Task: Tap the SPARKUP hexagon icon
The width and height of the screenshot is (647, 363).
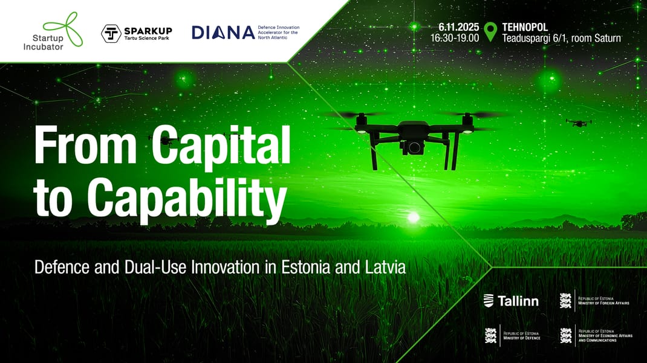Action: click(110, 34)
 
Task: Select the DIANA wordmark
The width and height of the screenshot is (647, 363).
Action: click(223, 33)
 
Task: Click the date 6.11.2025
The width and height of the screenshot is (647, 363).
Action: click(459, 27)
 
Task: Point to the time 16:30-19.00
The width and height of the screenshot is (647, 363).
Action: click(455, 38)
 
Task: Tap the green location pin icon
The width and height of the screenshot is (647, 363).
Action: click(490, 31)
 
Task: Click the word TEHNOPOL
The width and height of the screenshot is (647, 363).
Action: click(525, 27)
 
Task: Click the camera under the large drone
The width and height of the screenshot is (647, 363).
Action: click(414, 147)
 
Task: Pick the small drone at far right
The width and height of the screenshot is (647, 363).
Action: click(579, 123)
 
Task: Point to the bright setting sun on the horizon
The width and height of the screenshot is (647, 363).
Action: click(414, 216)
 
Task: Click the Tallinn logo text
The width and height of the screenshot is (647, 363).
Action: click(518, 301)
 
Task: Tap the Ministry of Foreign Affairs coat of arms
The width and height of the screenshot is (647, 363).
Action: click(565, 300)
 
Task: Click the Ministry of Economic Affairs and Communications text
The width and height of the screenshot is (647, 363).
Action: click(605, 336)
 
